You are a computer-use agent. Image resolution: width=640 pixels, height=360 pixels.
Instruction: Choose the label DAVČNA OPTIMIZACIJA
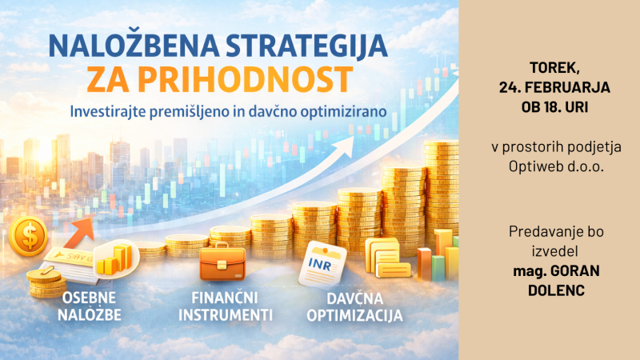pyautogui.click(x=352, y=306)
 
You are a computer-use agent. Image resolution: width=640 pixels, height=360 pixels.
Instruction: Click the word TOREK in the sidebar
pyautogui.click(x=549, y=66)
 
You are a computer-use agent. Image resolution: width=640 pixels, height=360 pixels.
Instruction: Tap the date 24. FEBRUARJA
pyautogui.click(x=549, y=86)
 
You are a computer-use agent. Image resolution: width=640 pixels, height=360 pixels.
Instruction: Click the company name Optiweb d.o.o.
pyautogui.click(x=549, y=166)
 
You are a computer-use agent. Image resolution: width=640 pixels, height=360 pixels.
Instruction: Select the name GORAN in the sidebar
pyautogui.click(x=568, y=271)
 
